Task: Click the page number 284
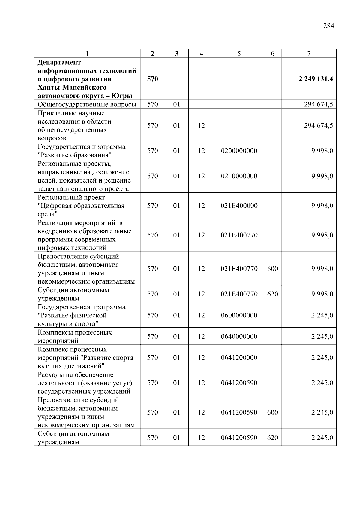point(328,26)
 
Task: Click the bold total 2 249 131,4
point(316,79)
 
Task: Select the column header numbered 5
point(239,54)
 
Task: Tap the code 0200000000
point(239,151)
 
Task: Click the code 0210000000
point(239,176)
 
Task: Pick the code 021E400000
point(239,206)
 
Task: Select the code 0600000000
point(239,315)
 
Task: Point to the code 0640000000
point(239,336)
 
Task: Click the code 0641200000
point(239,358)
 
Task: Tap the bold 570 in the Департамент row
point(152,79)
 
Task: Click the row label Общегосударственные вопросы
point(87,104)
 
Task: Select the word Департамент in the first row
point(59,62)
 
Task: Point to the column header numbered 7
point(309,54)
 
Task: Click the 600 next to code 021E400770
point(272,269)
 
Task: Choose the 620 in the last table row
point(272,438)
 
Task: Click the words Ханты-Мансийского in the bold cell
point(72,88)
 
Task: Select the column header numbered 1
point(87,54)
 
